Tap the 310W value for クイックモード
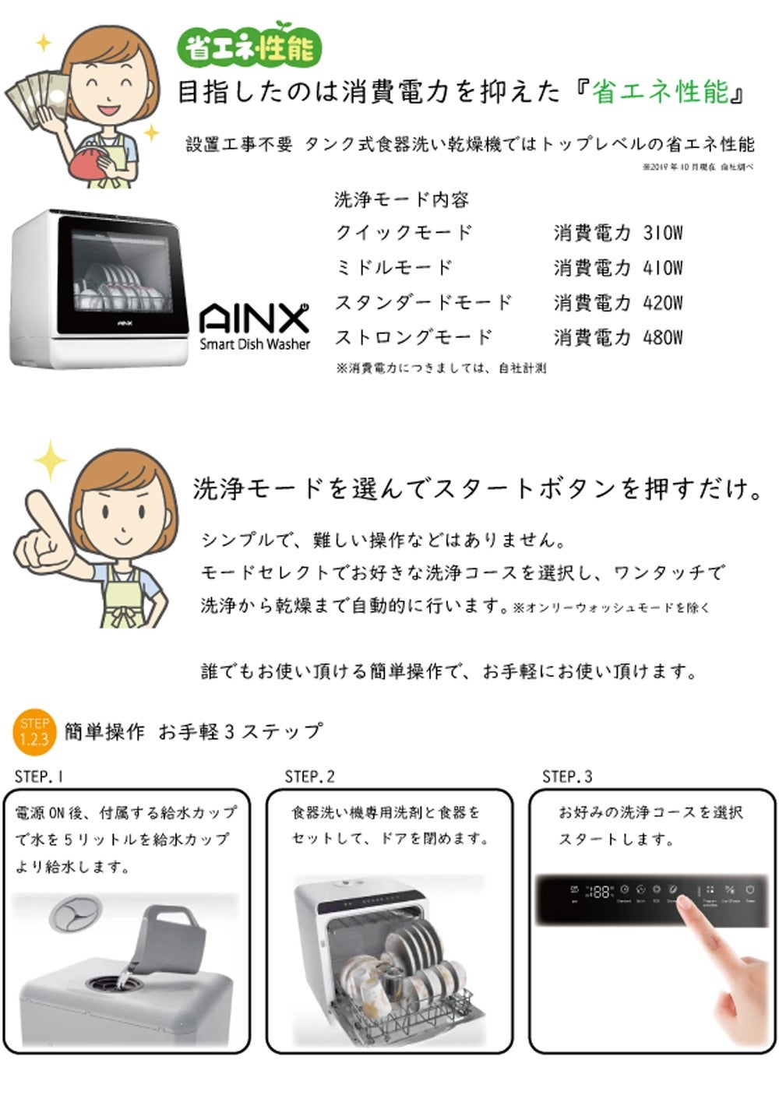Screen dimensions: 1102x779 pos(662,232)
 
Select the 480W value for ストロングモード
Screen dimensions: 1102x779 pos(662,337)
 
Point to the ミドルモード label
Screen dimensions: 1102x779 pos(393,267)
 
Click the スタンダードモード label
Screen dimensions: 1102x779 pos(423,302)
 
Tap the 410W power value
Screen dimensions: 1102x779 pos(662,267)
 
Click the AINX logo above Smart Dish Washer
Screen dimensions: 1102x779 pos(254,319)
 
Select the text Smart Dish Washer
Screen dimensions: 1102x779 pos(255,343)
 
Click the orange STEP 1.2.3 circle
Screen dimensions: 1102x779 pos(34,732)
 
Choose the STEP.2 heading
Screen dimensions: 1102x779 pos(309,776)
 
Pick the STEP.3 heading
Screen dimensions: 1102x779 pos(567,776)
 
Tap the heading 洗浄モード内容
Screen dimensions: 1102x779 pos(401,199)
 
